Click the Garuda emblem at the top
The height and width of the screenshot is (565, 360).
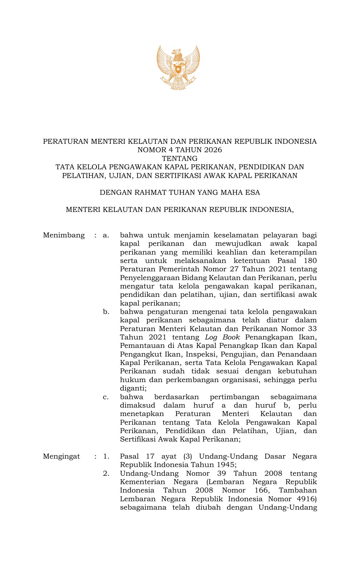pyautogui.click(x=178, y=67)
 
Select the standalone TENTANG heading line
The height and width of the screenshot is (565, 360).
pyautogui.click(x=180, y=159)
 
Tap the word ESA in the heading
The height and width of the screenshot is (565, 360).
pyautogui.click(x=252, y=192)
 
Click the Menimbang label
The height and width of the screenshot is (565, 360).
pyautogui.click(x=64, y=235)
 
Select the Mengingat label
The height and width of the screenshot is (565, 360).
pyautogui.click(x=61, y=456)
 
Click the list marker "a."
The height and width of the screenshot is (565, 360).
pyautogui.click(x=106, y=235)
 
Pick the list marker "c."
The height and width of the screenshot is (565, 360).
pyautogui.click(x=106, y=397)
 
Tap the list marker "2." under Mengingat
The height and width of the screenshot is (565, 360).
pyautogui.click(x=106, y=473)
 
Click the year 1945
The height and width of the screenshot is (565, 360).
pyautogui.click(x=225, y=465)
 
